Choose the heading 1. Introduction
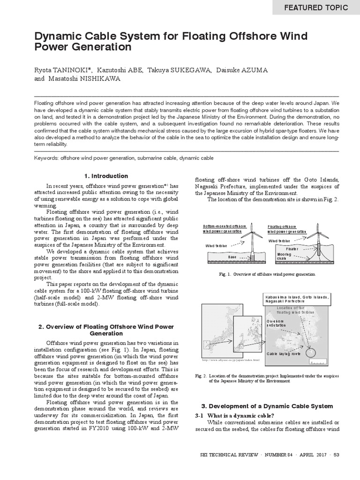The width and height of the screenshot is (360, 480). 106,176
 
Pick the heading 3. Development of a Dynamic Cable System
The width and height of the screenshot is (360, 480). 267,406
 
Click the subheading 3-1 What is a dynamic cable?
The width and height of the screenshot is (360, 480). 234,416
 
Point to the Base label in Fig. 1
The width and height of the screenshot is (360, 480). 232,257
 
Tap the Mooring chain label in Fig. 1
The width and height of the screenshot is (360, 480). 285,256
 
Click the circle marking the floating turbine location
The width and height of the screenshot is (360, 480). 310,352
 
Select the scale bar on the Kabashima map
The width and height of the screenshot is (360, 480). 318,362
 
